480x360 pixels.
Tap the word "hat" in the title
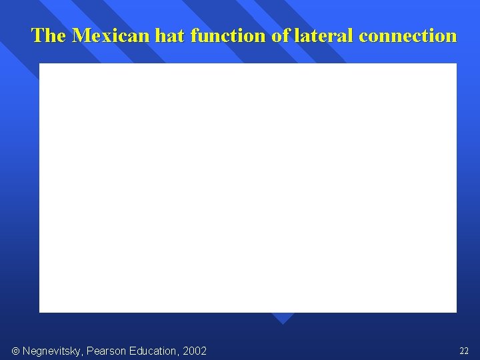170,35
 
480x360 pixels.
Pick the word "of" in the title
281,35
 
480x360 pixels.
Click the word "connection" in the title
407,35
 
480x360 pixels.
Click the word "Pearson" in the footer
107,351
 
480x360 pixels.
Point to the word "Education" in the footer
153,351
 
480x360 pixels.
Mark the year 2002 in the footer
194,351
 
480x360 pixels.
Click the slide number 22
464,351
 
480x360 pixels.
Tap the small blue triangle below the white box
283,318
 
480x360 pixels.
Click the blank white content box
247,187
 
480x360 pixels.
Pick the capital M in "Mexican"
80,35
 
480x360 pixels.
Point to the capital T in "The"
37,35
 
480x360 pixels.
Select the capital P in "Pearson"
92,351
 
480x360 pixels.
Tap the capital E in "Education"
135,351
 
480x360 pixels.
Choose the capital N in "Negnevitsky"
27,351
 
